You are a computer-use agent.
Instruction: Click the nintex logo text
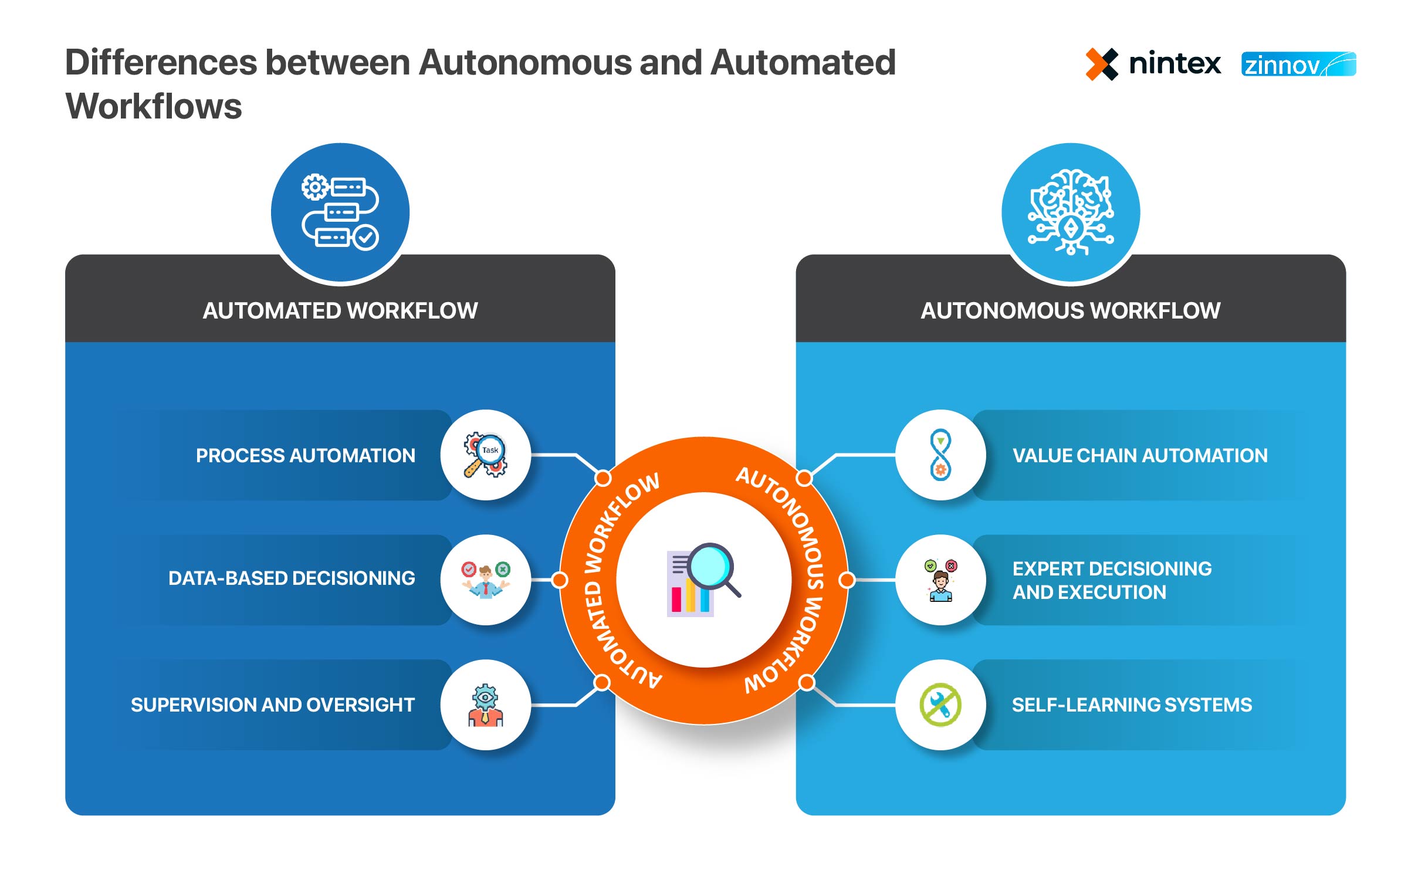pyautogui.click(x=1175, y=63)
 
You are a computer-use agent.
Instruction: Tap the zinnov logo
pyautogui.click(x=1298, y=65)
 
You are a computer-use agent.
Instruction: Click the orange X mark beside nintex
pyautogui.click(x=1101, y=64)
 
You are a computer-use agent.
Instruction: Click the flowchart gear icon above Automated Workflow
pyautogui.click(x=340, y=212)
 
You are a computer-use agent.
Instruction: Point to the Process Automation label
pyautogui.click(x=305, y=455)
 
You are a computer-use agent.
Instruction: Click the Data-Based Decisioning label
pyautogui.click(x=292, y=578)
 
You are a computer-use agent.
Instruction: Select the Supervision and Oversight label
pyautogui.click(x=273, y=705)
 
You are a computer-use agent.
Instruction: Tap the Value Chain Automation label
pyautogui.click(x=1140, y=455)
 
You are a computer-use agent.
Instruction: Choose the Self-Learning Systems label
pyautogui.click(x=1132, y=705)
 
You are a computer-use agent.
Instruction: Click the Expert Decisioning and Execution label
pyautogui.click(x=1112, y=580)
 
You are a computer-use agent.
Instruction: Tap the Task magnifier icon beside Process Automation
pyautogui.click(x=486, y=455)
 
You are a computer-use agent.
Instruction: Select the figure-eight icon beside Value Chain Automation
pyautogui.click(x=940, y=455)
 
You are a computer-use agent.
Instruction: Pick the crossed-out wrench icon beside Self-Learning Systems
pyautogui.click(x=940, y=705)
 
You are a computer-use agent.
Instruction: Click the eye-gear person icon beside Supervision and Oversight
pyautogui.click(x=486, y=705)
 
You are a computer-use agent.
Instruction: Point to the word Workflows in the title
pyautogui.click(x=154, y=106)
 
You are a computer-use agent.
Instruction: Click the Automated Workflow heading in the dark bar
pyautogui.click(x=340, y=310)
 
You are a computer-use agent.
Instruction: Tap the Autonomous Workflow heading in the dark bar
pyautogui.click(x=1071, y=310)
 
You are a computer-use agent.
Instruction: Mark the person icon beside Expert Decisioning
pyautogui.click(x=940, y=580)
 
